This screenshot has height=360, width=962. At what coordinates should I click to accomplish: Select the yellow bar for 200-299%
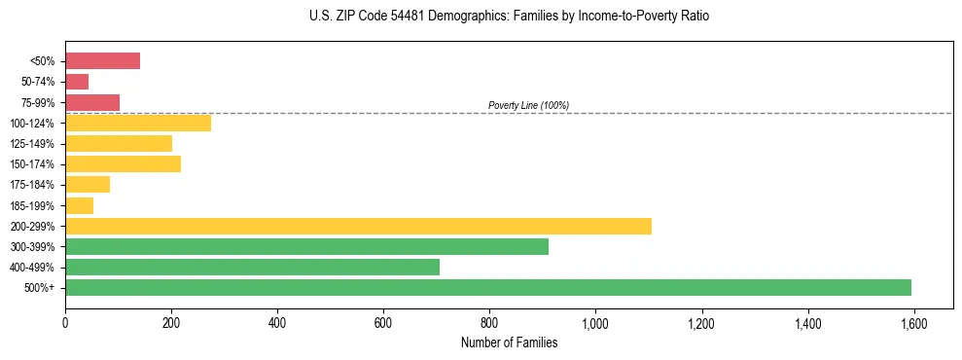point(358,226)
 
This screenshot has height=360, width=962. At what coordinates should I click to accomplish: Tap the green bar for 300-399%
point(306,246)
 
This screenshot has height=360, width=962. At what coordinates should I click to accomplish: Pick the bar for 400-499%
point(252,267)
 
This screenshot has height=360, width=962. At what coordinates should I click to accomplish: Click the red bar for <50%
point(102,61)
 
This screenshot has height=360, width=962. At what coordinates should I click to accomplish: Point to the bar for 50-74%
point(77,82)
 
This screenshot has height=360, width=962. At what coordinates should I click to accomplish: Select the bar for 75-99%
point(92,102)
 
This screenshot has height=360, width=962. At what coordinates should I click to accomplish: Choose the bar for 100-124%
point(138,123)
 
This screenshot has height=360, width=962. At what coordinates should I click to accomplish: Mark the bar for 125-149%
point(119,144)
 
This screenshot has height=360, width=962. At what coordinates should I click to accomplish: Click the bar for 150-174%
point(123,164)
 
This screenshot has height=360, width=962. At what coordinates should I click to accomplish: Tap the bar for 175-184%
point(88,185)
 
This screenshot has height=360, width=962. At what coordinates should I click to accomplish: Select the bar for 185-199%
point(79,205)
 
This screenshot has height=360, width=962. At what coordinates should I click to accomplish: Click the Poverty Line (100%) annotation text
point(528,105)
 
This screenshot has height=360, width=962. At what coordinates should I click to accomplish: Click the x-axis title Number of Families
point(509,342)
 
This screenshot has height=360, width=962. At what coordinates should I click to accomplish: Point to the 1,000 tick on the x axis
point(595,322)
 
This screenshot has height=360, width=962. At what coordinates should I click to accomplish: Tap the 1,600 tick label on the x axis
point(913,322)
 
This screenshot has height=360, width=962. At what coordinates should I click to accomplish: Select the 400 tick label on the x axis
point(277,322)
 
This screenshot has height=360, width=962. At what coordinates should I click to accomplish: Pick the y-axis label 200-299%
point(35,226)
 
